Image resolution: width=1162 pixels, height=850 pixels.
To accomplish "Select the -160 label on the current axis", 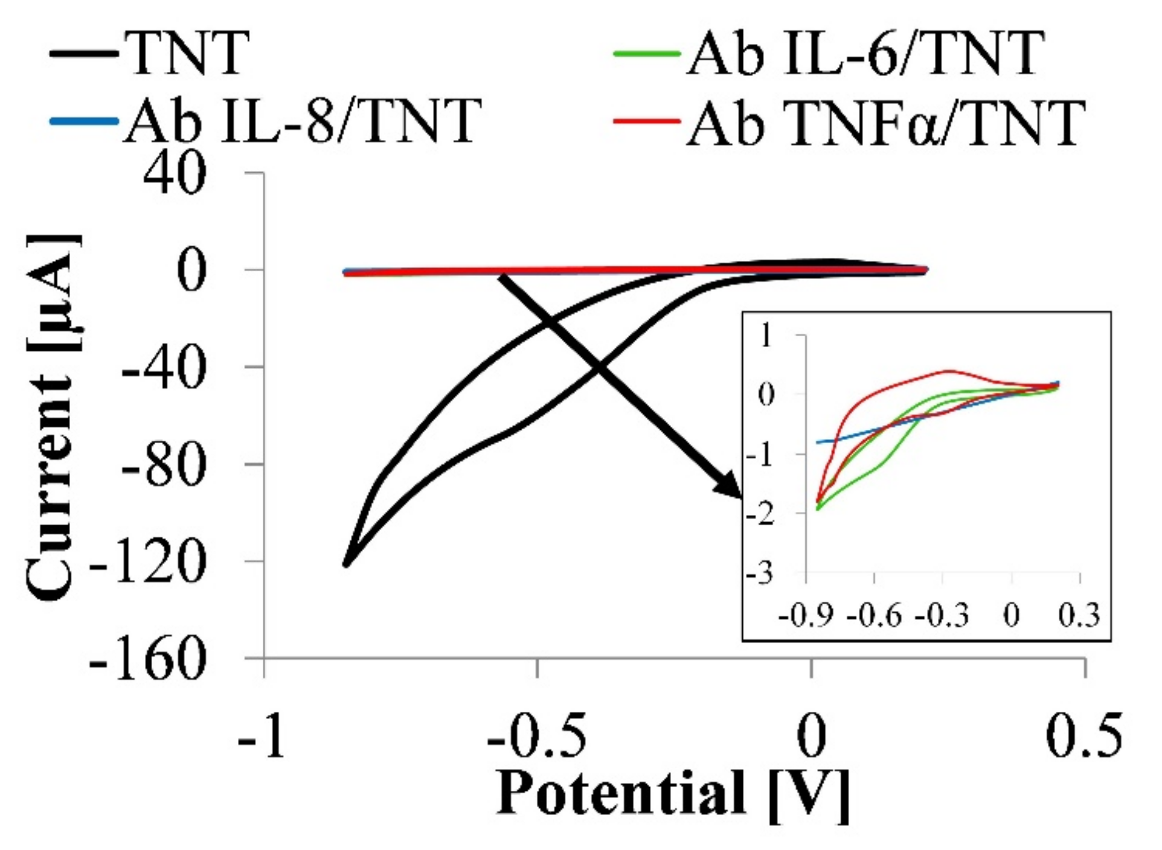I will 148,659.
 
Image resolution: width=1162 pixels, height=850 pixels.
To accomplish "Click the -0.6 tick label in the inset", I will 874,616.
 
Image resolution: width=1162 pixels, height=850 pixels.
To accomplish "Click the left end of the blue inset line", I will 817,443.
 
